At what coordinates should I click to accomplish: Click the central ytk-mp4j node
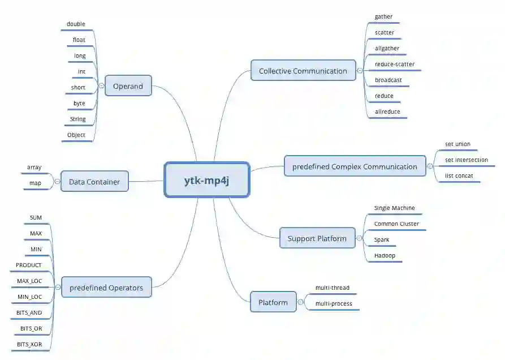[x=206, y=180]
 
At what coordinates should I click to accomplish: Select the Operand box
[x=128, y=85]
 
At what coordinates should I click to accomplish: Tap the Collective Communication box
[x=303, y=71]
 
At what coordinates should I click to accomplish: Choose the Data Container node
[x=94, y=182]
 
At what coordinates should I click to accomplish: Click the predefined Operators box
[x=106, y=288]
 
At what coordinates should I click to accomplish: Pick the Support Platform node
[x=317, y=238]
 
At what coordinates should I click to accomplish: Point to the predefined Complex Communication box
[x=355, y=166]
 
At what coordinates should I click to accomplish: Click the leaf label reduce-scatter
[x=394, y=65]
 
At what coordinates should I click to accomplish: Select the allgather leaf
[x=387, y=49]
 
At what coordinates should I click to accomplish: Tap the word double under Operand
[x=76, y=24]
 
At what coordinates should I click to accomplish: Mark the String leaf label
[x=78, y=119]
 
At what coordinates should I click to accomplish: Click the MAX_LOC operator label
[x=29, y=281]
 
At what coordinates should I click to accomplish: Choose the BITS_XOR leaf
[x=29, y=344]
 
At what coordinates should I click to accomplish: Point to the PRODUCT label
[x=29, y=265]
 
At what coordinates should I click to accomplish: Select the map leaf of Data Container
[x=36, y=183]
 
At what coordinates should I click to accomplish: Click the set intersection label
[x=466, y=160]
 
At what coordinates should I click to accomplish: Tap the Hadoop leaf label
[x=385, y=256]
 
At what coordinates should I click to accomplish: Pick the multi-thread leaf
[x=333, y=288]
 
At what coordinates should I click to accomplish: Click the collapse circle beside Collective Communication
[x=360, y=71]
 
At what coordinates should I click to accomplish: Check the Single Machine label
[x=394, y=208]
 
